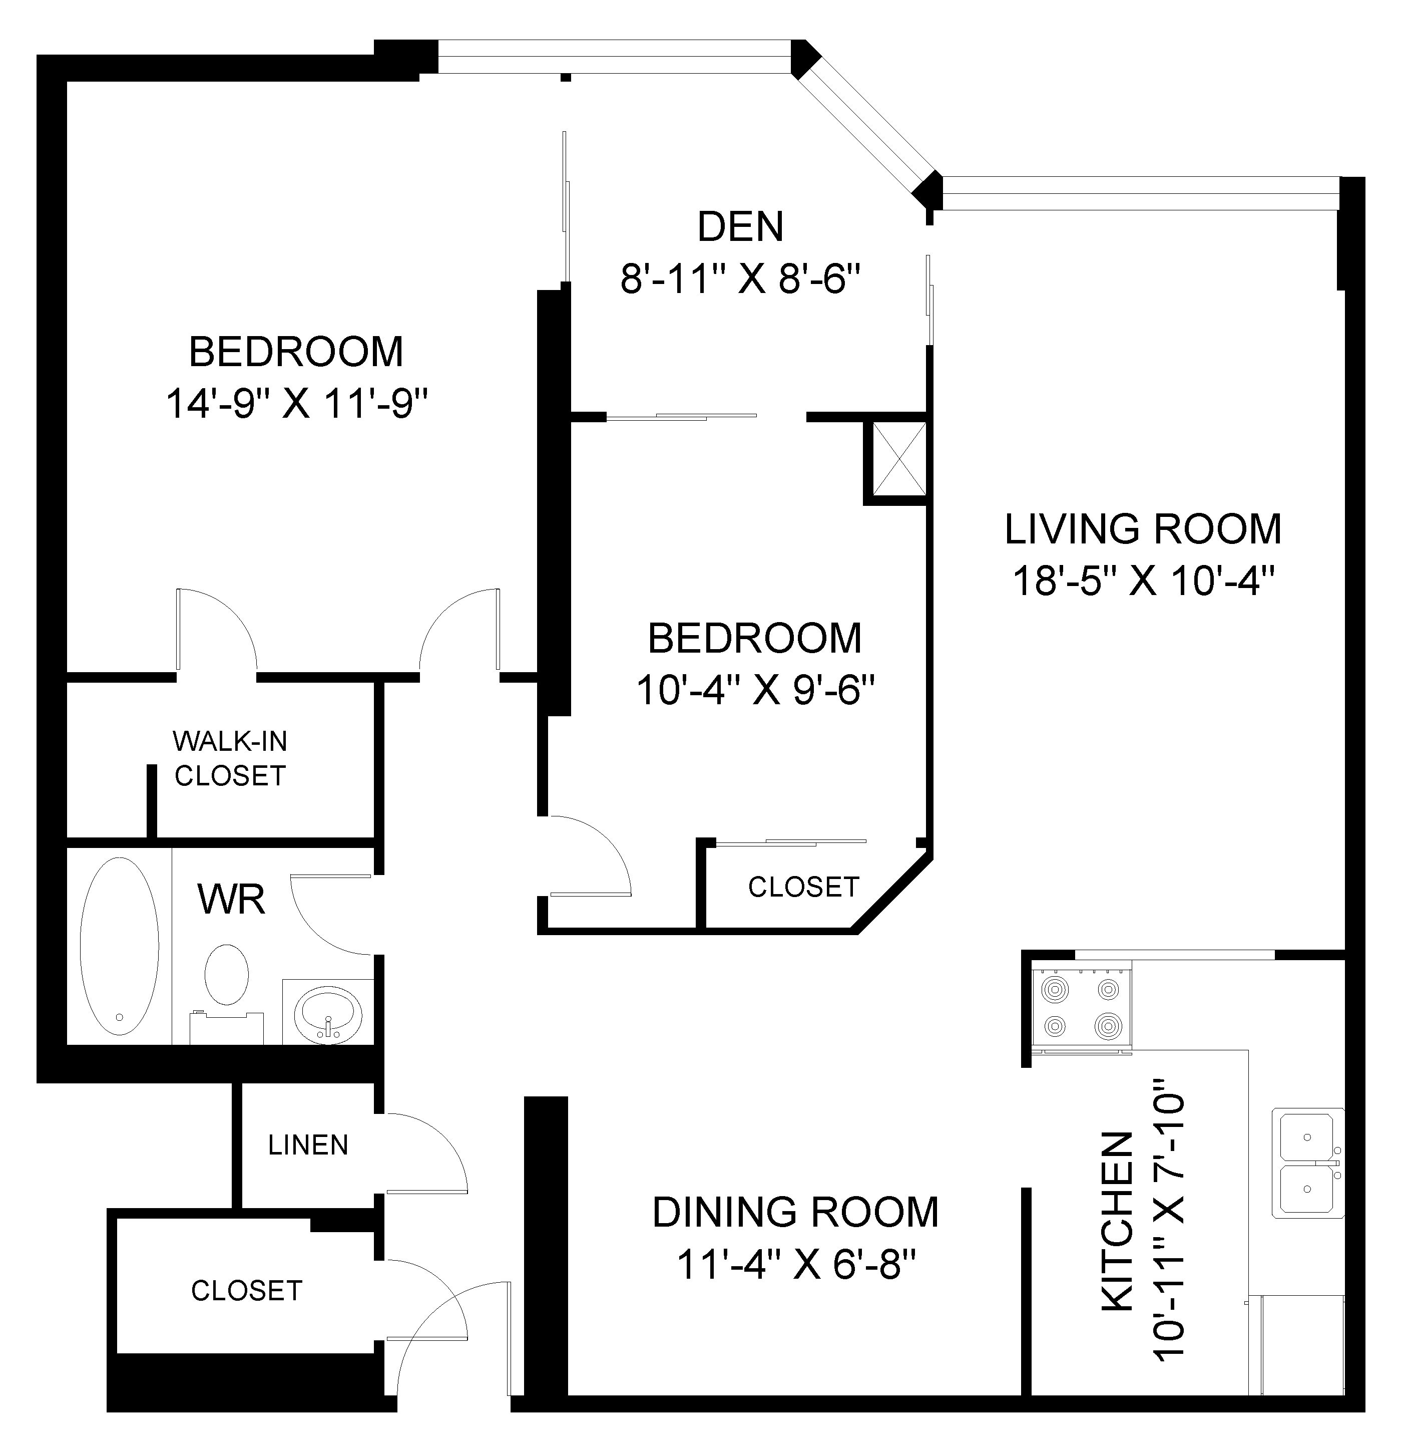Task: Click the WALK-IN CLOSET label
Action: [230, 758]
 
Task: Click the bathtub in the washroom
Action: [119, 947]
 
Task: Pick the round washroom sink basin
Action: [328, 1013]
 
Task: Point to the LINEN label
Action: [308, 1145]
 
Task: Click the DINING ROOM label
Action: [795, 1213]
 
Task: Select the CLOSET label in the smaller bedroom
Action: [803, 887]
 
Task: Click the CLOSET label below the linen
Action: [247, 1291]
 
